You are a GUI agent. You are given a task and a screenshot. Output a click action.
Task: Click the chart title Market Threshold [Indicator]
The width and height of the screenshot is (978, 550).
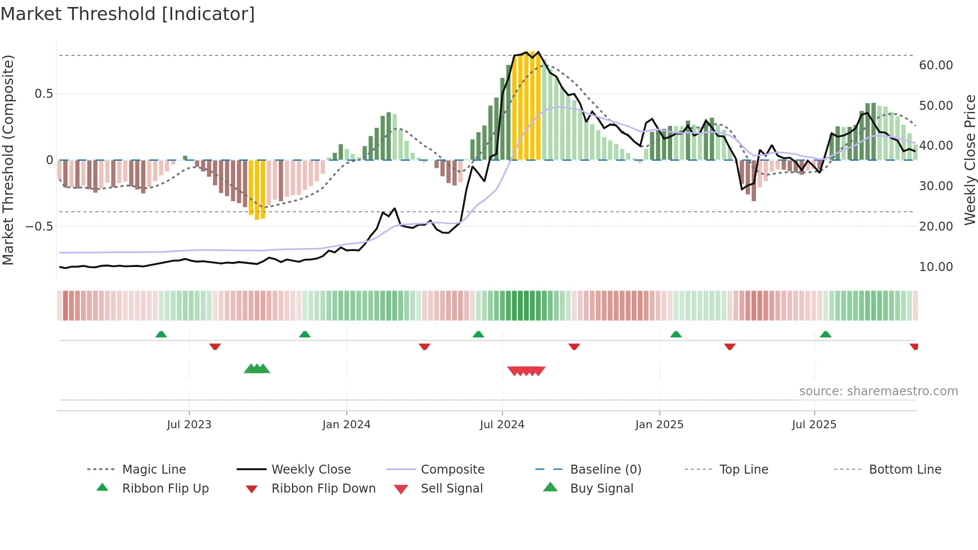tap(128, 14)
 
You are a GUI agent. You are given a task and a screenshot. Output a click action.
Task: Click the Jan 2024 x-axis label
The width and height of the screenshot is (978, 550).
tap(346, 425)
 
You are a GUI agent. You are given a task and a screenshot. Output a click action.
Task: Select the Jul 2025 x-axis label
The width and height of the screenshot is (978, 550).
tap(814, 425)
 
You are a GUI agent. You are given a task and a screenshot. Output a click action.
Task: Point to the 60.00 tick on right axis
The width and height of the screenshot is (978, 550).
tap(936, 65)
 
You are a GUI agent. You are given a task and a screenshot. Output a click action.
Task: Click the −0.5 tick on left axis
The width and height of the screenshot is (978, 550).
tap(39, 227)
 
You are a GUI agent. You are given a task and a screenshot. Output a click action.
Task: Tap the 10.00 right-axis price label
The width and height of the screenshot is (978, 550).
tap(936, 267)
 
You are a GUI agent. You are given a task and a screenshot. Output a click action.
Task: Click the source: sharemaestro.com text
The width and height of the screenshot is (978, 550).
tap(878, 391)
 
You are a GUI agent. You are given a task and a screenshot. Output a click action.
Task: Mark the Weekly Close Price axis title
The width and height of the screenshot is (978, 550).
tap(970, 160)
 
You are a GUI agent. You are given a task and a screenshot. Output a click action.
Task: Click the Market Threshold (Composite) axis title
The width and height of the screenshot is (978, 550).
tap(8, 160)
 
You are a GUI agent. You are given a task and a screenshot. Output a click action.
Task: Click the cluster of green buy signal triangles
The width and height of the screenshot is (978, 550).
tap(257, 369)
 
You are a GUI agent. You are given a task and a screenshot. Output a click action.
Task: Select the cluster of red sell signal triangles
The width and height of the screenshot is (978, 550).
tap(526, 371)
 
